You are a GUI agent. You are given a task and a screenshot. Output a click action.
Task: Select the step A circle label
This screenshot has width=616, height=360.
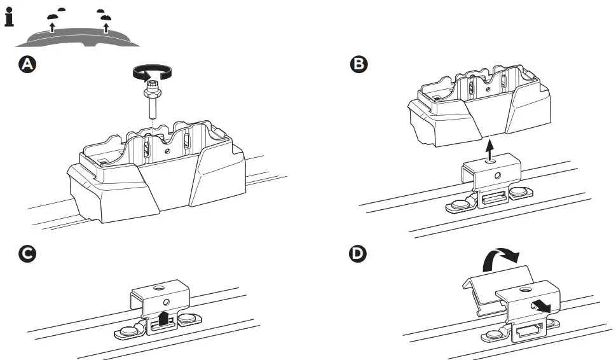click(27, 64)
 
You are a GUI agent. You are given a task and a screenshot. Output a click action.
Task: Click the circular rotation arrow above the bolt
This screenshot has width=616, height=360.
click(152, 74)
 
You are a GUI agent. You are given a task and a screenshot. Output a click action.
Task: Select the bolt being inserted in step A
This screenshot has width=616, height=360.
click(152, 102)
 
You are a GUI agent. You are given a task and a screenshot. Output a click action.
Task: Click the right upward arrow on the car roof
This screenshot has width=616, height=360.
click(106, 26)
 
